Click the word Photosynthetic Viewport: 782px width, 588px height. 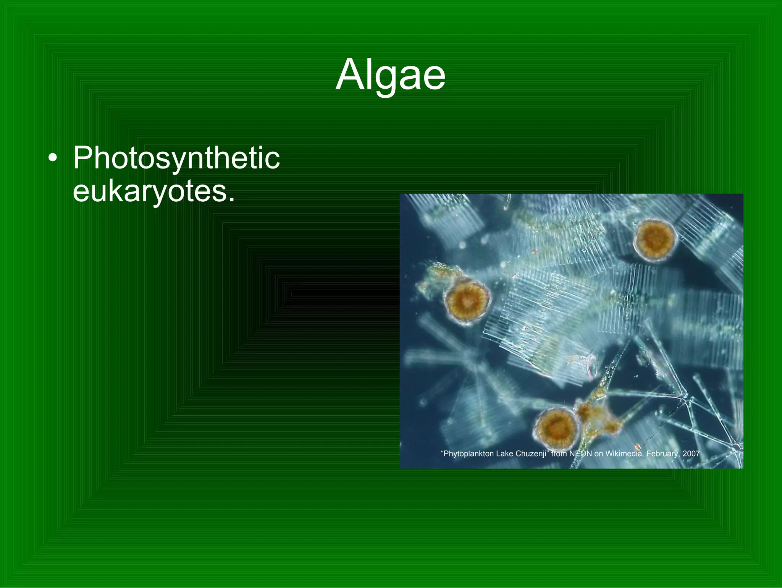coord(176,158)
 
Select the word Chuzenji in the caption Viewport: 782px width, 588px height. coord(532,454)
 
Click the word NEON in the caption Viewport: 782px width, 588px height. coord(580,454)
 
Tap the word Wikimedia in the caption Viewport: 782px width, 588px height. coord(623,454)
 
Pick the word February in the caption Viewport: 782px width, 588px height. coord(663,454)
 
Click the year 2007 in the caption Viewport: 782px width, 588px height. coord(691,454)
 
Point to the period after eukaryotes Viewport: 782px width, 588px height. coord(231,199)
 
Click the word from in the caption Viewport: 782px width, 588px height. coord(559,454)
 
